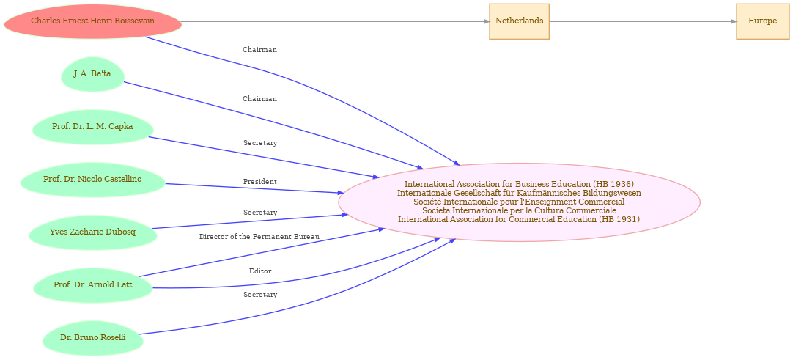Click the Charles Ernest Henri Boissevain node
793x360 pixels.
pyautogui.click(x=92, y=21)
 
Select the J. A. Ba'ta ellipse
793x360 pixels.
pyautogui.click(x=92, y=74)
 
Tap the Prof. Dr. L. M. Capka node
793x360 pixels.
pyautogui.click(x=92, y=127)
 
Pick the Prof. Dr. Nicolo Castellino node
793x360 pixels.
pyautogui.click(x=92, y=180)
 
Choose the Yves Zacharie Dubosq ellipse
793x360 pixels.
pyautogui.click(x=92, y=232)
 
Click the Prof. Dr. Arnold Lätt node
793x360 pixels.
pyautogui.click(x=92, y=285)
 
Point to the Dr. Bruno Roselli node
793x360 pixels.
pyautogui.click(x=92, y=338)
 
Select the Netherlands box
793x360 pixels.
pyautogui.click(x=519, y=21)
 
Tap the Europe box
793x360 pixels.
pyautogui.click(x=763, y=21)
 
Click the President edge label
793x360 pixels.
pyautogui.click(x=260, y=182)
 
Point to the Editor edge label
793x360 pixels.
pyautogui.click(x=260, y=271)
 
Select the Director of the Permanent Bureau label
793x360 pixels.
pyautogui.click(x=259, y=237)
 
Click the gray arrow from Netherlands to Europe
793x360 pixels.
pyautogui.click(x=643, y=21)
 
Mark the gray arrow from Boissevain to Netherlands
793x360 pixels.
pyautogui.click(x=336, y=21)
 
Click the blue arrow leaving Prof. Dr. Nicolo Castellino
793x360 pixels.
pyautogui.click(x=254, y=188)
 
